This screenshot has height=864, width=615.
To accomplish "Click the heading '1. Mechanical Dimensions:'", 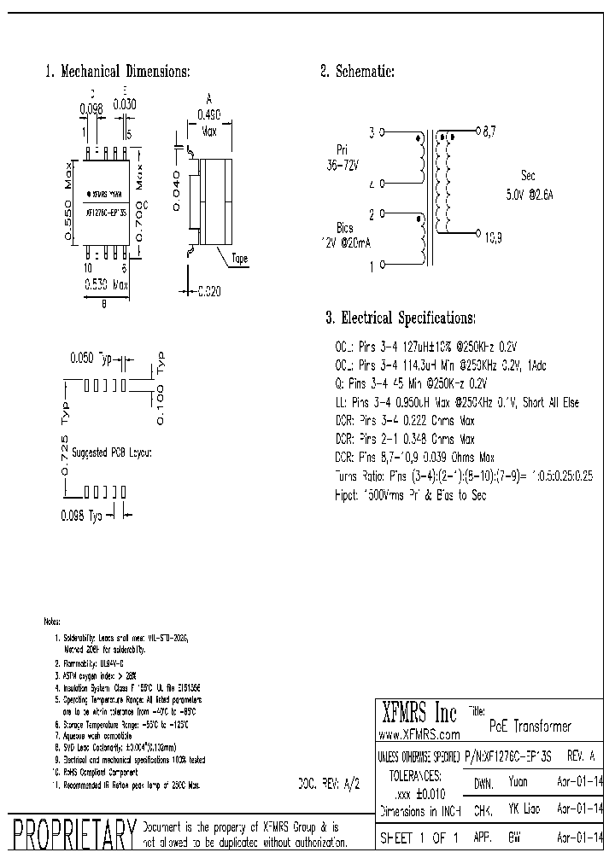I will (x=117, y=73).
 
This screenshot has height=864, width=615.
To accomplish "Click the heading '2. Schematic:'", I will (x=357, y=73).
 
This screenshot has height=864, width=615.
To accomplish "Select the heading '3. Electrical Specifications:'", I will (x=400, y=318).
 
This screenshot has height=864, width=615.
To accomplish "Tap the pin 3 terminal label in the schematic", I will (x=372, y=133).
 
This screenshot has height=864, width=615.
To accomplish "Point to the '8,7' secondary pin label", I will (x=489, y=133).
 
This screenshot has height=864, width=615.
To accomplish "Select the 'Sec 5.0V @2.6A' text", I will (x=530, y=186).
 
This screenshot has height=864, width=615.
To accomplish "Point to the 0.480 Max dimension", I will (x=208, y=122).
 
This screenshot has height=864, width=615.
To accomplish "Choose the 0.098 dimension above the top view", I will (x=91, y=109).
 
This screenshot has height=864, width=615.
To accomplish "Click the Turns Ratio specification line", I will (x=464, y=476).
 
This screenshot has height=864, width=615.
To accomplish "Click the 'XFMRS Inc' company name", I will (x=419, y=712).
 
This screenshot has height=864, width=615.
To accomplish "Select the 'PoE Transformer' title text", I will (x=530, y=726).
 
